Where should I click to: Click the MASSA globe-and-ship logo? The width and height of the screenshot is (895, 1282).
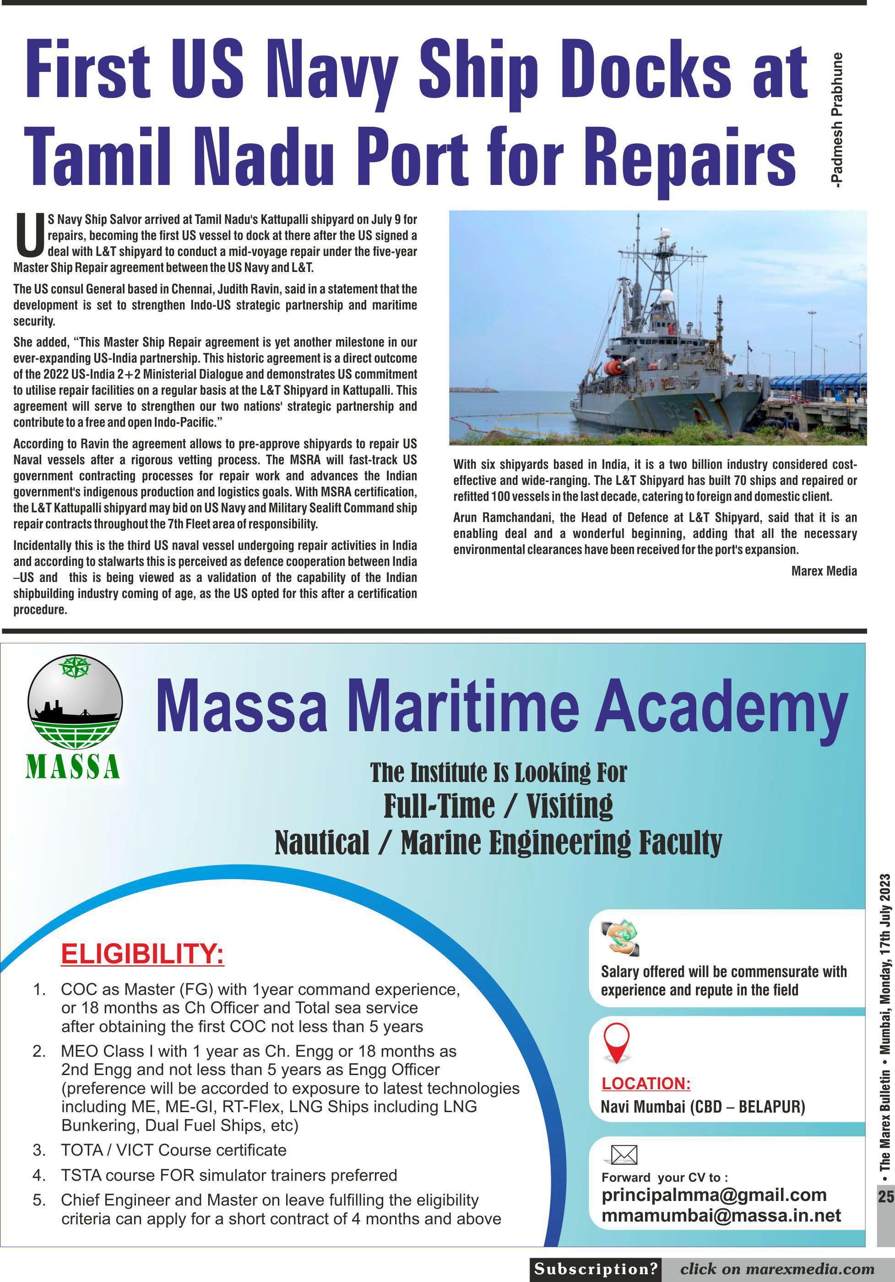74,702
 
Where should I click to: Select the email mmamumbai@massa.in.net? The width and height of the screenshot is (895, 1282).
721,1215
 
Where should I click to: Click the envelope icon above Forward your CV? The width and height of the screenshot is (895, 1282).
624,1154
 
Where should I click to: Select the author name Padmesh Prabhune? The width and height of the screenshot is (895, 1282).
836,120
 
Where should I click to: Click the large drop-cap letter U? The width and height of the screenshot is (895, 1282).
30,234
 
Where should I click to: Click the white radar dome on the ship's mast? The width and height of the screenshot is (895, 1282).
666,297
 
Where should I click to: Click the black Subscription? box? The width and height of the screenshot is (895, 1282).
595,1269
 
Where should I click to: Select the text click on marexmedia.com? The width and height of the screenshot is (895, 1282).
776,1269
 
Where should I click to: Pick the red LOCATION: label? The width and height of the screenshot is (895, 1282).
645,1083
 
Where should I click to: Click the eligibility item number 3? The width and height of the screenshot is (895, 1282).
39,1150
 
